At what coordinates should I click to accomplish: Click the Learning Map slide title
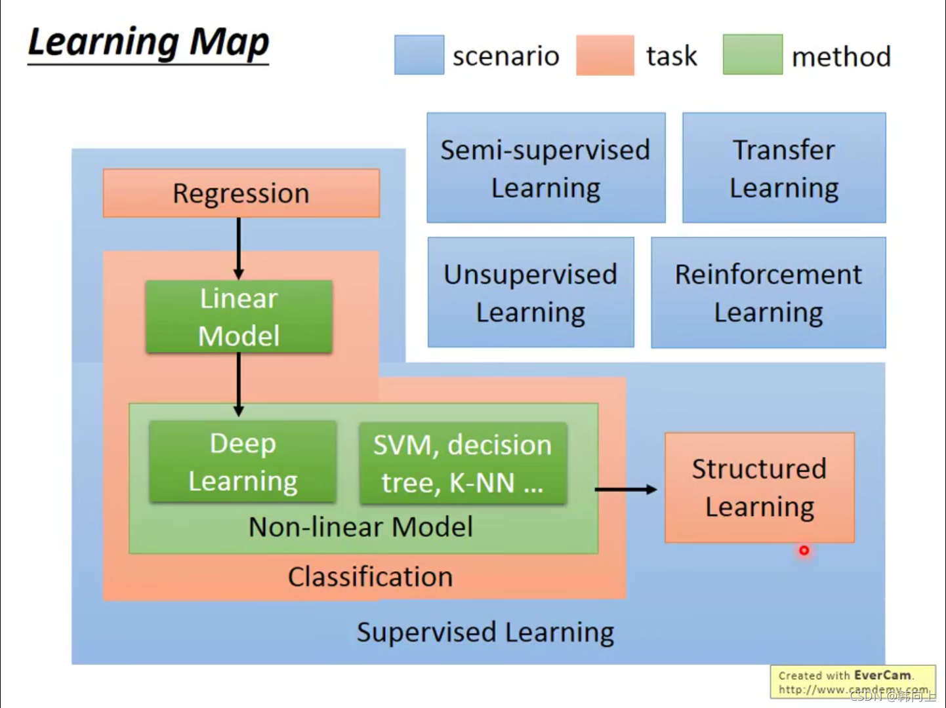[x=148, y=43]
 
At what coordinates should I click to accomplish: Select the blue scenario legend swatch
[x=419, y=55]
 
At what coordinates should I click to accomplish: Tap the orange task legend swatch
[x=605, y=55]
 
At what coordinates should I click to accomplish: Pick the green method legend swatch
[x=752, y=54]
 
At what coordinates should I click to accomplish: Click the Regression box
[x=241, y=193]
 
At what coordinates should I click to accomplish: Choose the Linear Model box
[x=239, y=317]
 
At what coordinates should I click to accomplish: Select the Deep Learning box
[x=243, y=462]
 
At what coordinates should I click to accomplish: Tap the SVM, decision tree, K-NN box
[x=463, y=463]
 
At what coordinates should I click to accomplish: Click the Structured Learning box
[x=759, y=488]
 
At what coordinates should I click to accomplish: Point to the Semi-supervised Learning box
[x=546, y=168]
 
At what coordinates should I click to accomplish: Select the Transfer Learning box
[x=784, y=168]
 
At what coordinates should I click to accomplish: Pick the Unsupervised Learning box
[x=531, y=293]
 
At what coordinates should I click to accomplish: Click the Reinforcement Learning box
[x=768, y=293]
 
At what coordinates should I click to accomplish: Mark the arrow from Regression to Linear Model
[x=239, y=248]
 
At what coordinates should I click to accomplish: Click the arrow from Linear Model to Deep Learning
[x=239, y=384]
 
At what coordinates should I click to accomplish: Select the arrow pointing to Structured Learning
[x=626, y=489]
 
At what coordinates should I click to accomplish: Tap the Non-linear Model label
[x=361, y=527]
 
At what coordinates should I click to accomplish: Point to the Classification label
[x=370, y=577]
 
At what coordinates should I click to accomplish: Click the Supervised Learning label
[x=485, y=633]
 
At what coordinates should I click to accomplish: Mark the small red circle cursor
[x=804, y=551]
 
